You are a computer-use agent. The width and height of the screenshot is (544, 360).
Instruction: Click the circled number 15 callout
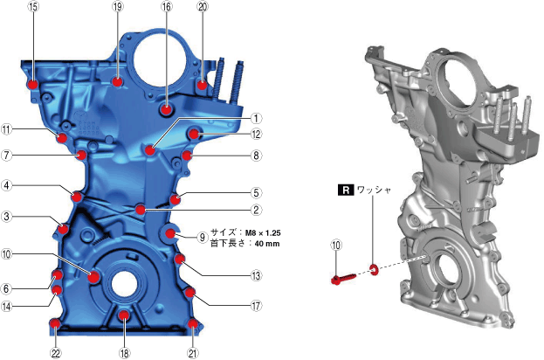pos(34,6)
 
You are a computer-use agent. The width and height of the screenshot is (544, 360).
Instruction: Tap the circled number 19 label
pos(118,6)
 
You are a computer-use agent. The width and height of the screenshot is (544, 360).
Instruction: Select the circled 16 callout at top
pos(167,6)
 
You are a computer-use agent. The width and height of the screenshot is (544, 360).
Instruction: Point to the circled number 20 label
pos(203,6)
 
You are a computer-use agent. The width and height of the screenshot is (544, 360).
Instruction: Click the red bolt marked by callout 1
pos(150,150)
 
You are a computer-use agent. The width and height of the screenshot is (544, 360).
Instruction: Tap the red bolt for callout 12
pos(194,134)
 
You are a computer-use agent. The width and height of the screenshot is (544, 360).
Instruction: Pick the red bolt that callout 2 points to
pos(141,210)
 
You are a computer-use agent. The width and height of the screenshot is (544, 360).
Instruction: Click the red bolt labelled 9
pos(170,233)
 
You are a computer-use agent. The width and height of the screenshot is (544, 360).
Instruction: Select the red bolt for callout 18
pos(124,315)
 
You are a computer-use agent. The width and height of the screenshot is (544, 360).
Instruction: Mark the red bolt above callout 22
pos(55,324)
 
